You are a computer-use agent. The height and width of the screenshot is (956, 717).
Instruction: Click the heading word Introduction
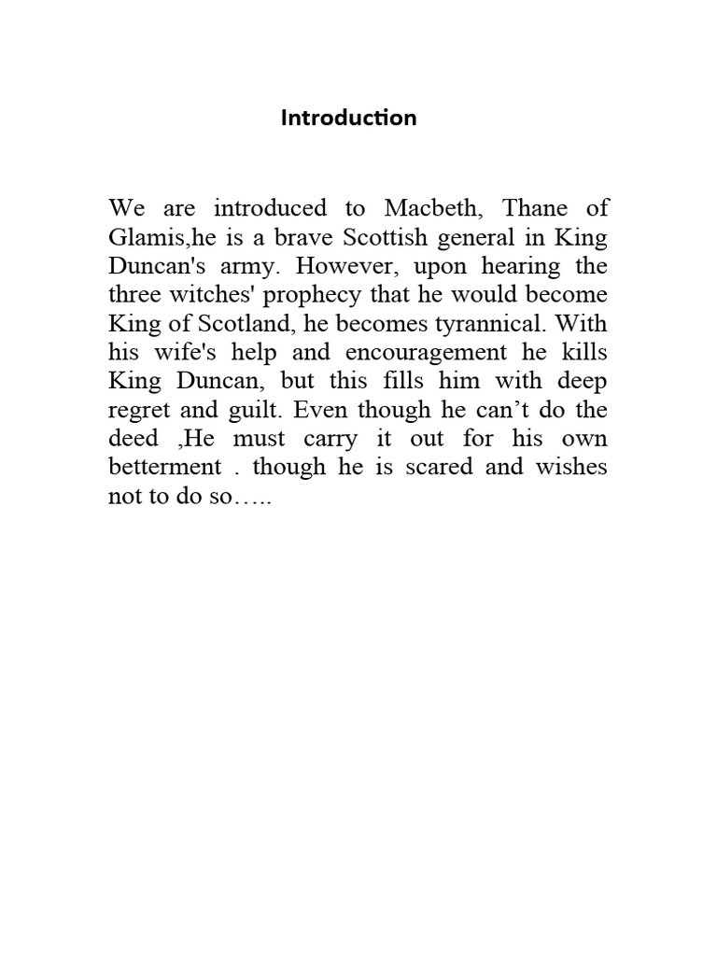pyautogui.click(x=348, y=119)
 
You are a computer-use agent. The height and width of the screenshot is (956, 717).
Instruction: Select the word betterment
pyautogui.click(x=166, y=467)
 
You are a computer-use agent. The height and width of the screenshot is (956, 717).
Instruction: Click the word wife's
pyautogui.click(x=186, y=352)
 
